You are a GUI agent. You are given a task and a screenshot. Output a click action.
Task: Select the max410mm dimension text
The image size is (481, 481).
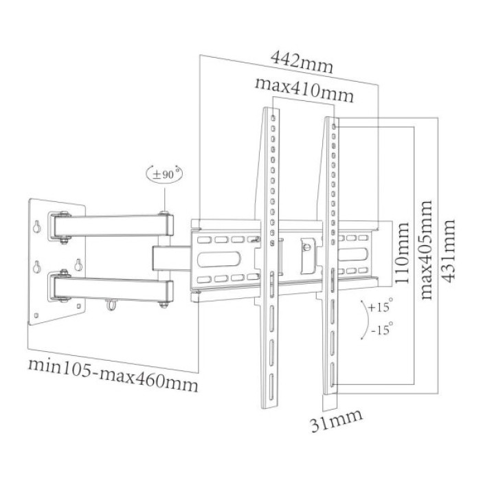304,90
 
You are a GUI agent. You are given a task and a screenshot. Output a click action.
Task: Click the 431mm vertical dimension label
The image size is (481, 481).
449,249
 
